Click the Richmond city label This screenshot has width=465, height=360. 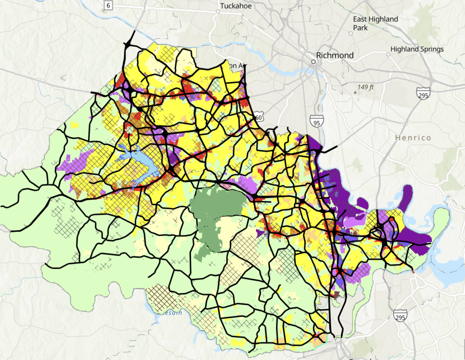335,55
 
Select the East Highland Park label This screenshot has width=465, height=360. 376,23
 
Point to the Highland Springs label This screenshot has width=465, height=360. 417,49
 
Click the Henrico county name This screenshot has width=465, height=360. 412,137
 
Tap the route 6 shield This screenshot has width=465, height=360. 108,5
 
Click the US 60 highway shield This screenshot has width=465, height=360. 258,118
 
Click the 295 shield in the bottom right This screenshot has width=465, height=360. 400,316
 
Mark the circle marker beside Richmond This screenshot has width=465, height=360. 313,60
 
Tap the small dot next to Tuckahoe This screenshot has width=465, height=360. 218,12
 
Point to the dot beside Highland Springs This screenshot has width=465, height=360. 388,54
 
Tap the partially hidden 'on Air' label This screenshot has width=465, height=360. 237,66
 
